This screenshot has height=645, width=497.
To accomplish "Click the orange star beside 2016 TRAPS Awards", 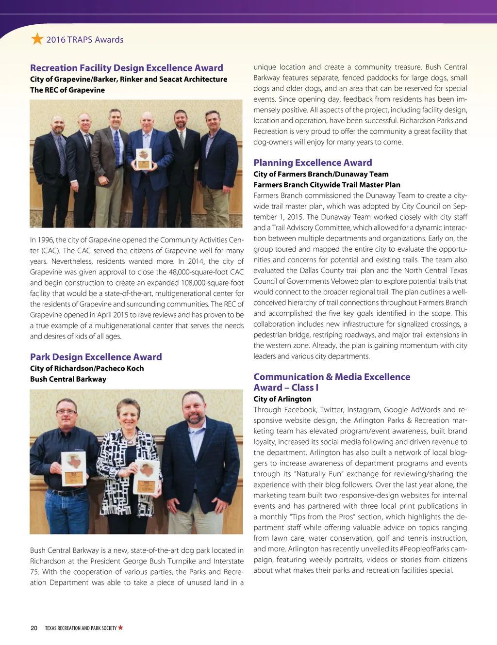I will [x=37, y=39].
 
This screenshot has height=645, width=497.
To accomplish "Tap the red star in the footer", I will [x=120, y=628].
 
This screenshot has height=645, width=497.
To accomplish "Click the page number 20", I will [x=34, y=628].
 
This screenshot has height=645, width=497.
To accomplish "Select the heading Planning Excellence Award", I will [x=313, y=163].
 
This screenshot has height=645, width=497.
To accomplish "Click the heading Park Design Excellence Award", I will [x=96, y=357].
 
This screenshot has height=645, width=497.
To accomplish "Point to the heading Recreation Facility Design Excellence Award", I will [x=126, y=68].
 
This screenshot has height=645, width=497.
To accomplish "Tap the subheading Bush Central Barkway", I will [x=68, y=379].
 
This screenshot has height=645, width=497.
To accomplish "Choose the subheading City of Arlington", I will [x=282, y=399].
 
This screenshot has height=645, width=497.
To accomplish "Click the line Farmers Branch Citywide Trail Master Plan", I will [x=327, y=185].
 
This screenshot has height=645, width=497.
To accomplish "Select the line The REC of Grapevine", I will [x=67, y=90].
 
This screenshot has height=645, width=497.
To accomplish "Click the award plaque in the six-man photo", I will [x=144, y=159].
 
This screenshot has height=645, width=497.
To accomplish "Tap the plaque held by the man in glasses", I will [x=74, y=468].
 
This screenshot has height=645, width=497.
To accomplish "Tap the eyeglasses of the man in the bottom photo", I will [x=66, y=412].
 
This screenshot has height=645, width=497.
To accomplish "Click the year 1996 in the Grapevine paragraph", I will [x=45, y=240].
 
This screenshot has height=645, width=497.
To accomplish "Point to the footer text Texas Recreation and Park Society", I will [x=81, y=628].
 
